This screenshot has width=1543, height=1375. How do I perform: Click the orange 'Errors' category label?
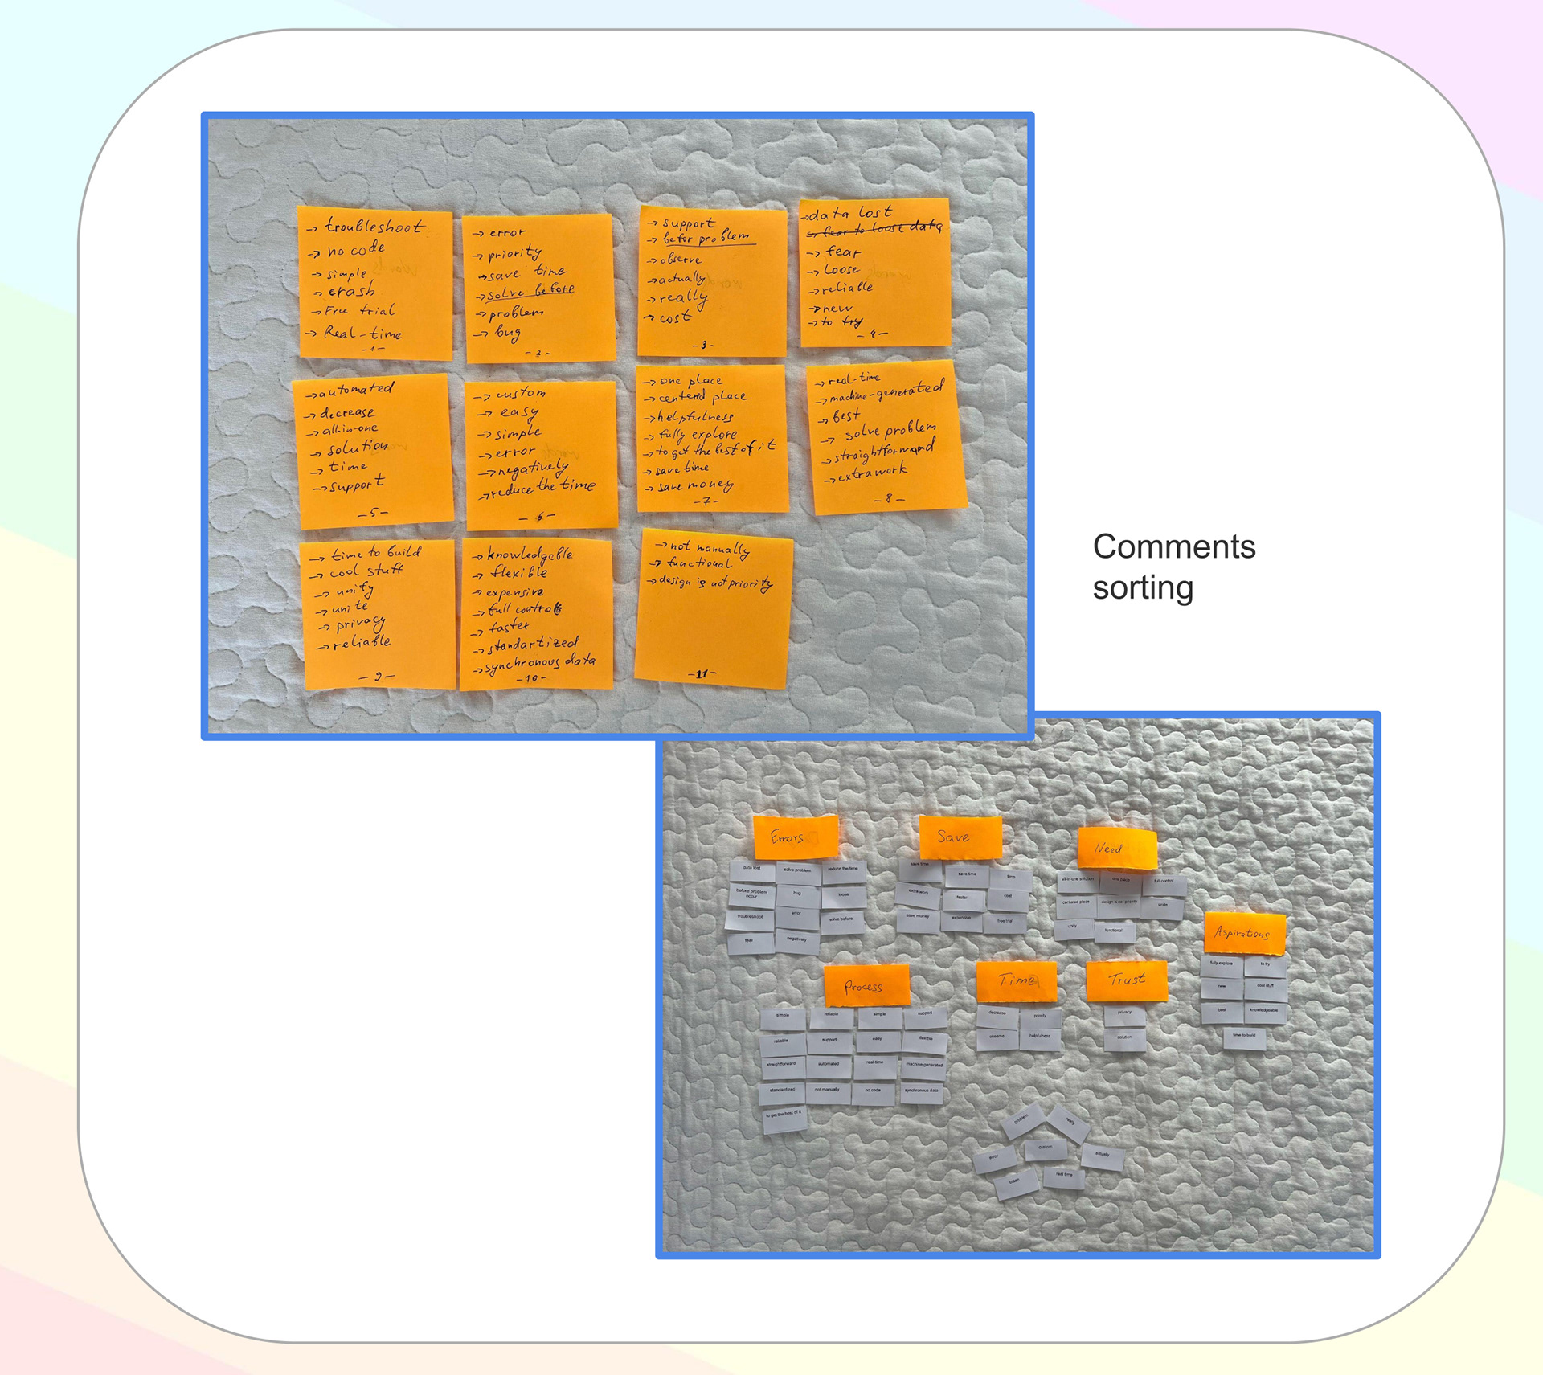(x=795, y=837)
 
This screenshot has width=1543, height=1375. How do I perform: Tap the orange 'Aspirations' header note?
(x=1244, y=933)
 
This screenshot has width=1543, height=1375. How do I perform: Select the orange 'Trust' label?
(x=1126, y=980)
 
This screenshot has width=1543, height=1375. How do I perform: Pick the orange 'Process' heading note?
(x=866, y=986)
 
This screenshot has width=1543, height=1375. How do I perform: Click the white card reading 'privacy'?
(x=1124, y=1013)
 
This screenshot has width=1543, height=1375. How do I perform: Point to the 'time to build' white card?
(x=1244, y=1036)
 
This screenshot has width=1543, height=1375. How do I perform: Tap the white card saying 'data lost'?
(x=751, y=869)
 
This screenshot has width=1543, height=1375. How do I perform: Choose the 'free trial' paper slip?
(x=1005, y=921)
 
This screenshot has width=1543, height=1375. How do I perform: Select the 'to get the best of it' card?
(x=784, y=1115)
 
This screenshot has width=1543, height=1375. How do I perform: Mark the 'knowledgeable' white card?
(x=1264, y=1011)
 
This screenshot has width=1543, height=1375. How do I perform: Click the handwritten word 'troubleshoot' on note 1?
(x=374, y=226)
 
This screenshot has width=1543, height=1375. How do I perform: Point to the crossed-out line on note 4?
(x=875, y=229)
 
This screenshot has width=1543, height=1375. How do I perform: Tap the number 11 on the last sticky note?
(x=702, y=673)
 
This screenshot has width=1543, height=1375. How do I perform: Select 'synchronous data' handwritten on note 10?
(x=541, y=662)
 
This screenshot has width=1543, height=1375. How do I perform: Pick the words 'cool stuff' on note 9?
(x=366, y=571)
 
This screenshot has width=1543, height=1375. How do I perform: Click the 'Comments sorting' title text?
(x=1173, y=567)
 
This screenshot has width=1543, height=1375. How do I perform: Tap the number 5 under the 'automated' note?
(x=374, y=512)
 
